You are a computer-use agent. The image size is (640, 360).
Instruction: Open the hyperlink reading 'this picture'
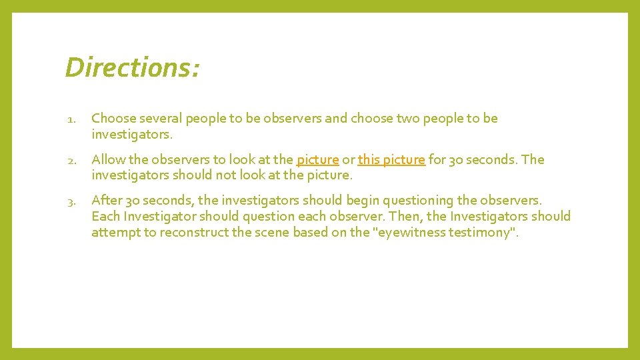tap(391, 160)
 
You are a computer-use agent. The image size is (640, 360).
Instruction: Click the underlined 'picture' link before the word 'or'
tap(317, 160)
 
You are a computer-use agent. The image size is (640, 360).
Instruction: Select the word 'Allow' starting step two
tap(107, 160)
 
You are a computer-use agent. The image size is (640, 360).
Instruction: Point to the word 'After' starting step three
tap(107, 201)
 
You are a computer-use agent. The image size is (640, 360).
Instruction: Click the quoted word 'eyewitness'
tap(413, 233)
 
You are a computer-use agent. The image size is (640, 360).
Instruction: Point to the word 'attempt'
tap(115, 233)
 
